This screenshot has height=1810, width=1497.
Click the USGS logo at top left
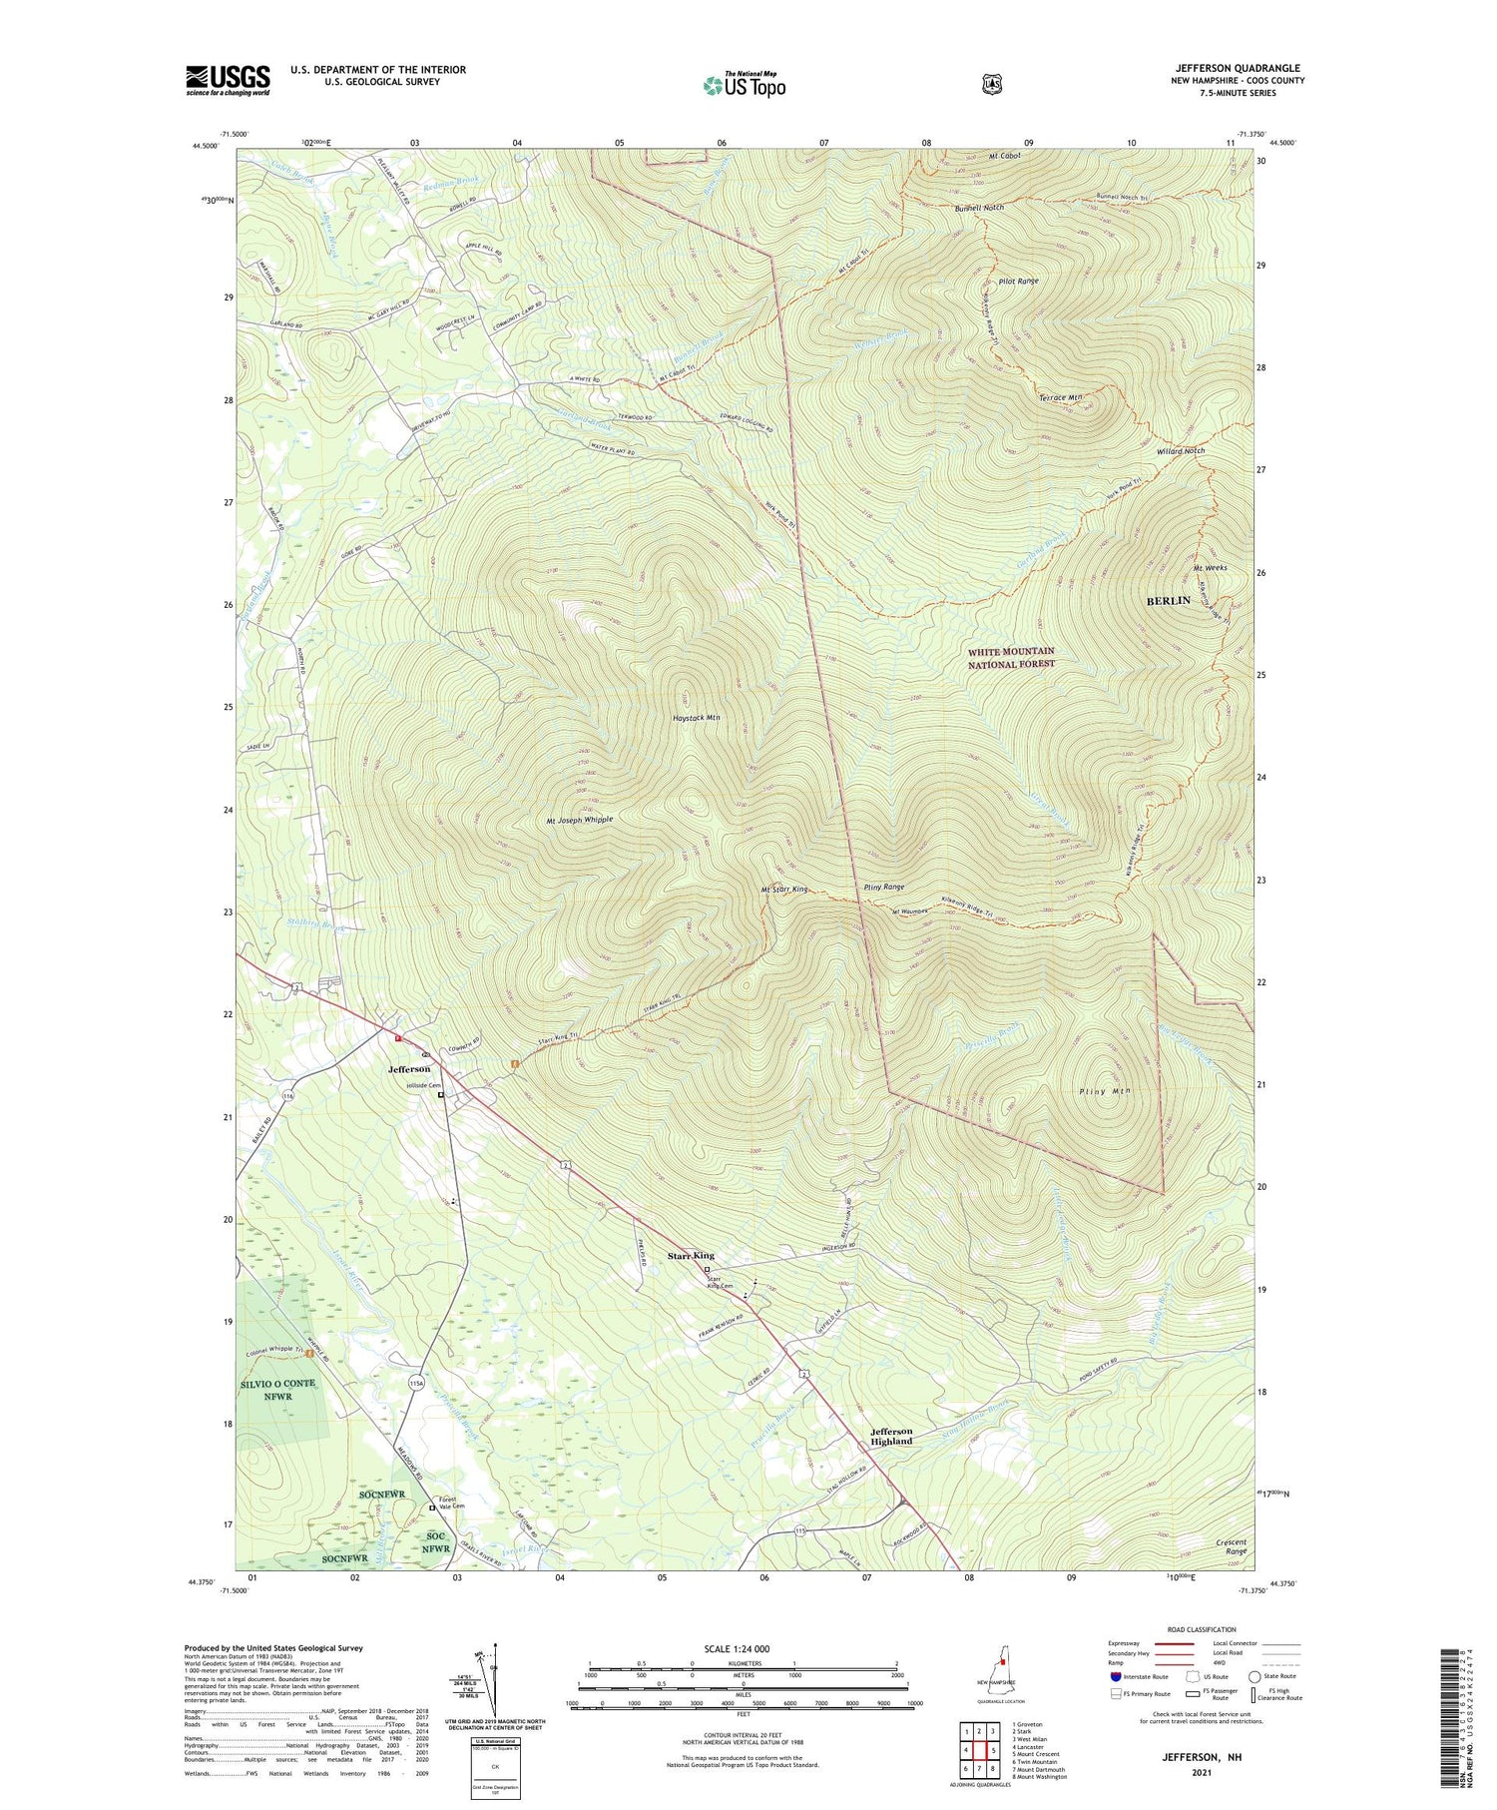[228, 80]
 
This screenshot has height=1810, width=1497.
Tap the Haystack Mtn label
[696, 718]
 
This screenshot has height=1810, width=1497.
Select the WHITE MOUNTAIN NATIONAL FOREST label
[1010, 657]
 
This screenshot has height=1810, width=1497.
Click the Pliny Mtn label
[1105, 1091]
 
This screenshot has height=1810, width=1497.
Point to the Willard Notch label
[1181, 450]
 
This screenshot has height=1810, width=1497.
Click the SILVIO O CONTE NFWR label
[279, 1390]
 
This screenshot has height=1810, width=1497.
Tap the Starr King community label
[691, 1255]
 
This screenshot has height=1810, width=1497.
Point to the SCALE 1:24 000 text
[743, 1648]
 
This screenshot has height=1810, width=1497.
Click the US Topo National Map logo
[744, 85]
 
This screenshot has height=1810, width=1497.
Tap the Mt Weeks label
[1210, 567]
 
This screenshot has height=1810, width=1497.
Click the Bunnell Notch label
[978, 208]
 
